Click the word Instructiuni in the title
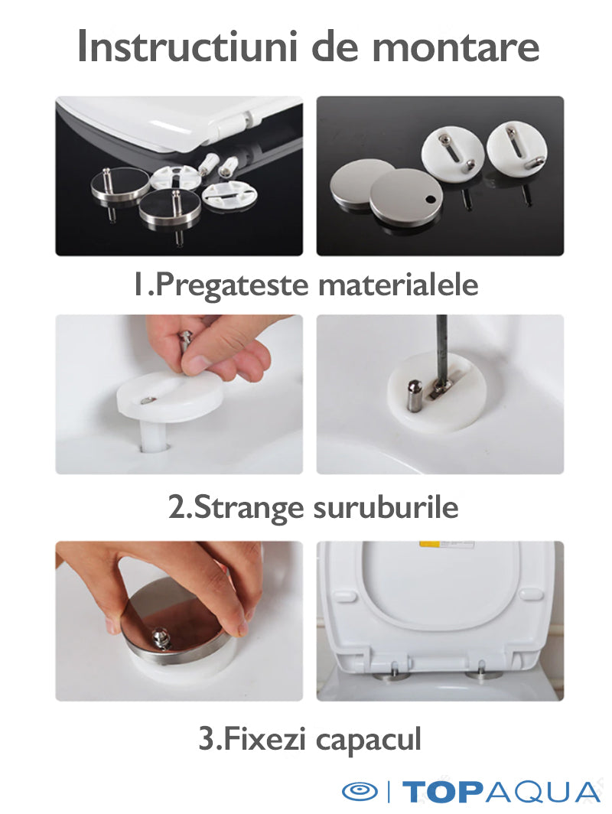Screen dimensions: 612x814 tap(188, 47)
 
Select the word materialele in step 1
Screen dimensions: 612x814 tap(398, 285)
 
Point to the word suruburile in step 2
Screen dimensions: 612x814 tap(386, 508)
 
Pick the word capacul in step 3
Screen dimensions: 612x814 tap(368, 741)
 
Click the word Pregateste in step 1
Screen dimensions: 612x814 tap(232, 286)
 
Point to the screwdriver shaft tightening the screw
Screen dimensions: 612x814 tap(441, 348)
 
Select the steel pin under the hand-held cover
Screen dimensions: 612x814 tap(159, 637)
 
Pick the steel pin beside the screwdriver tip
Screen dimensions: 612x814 tap(414, 396)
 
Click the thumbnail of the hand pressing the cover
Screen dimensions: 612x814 tap(179, 621)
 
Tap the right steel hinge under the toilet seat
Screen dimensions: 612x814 tap(483, 673)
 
